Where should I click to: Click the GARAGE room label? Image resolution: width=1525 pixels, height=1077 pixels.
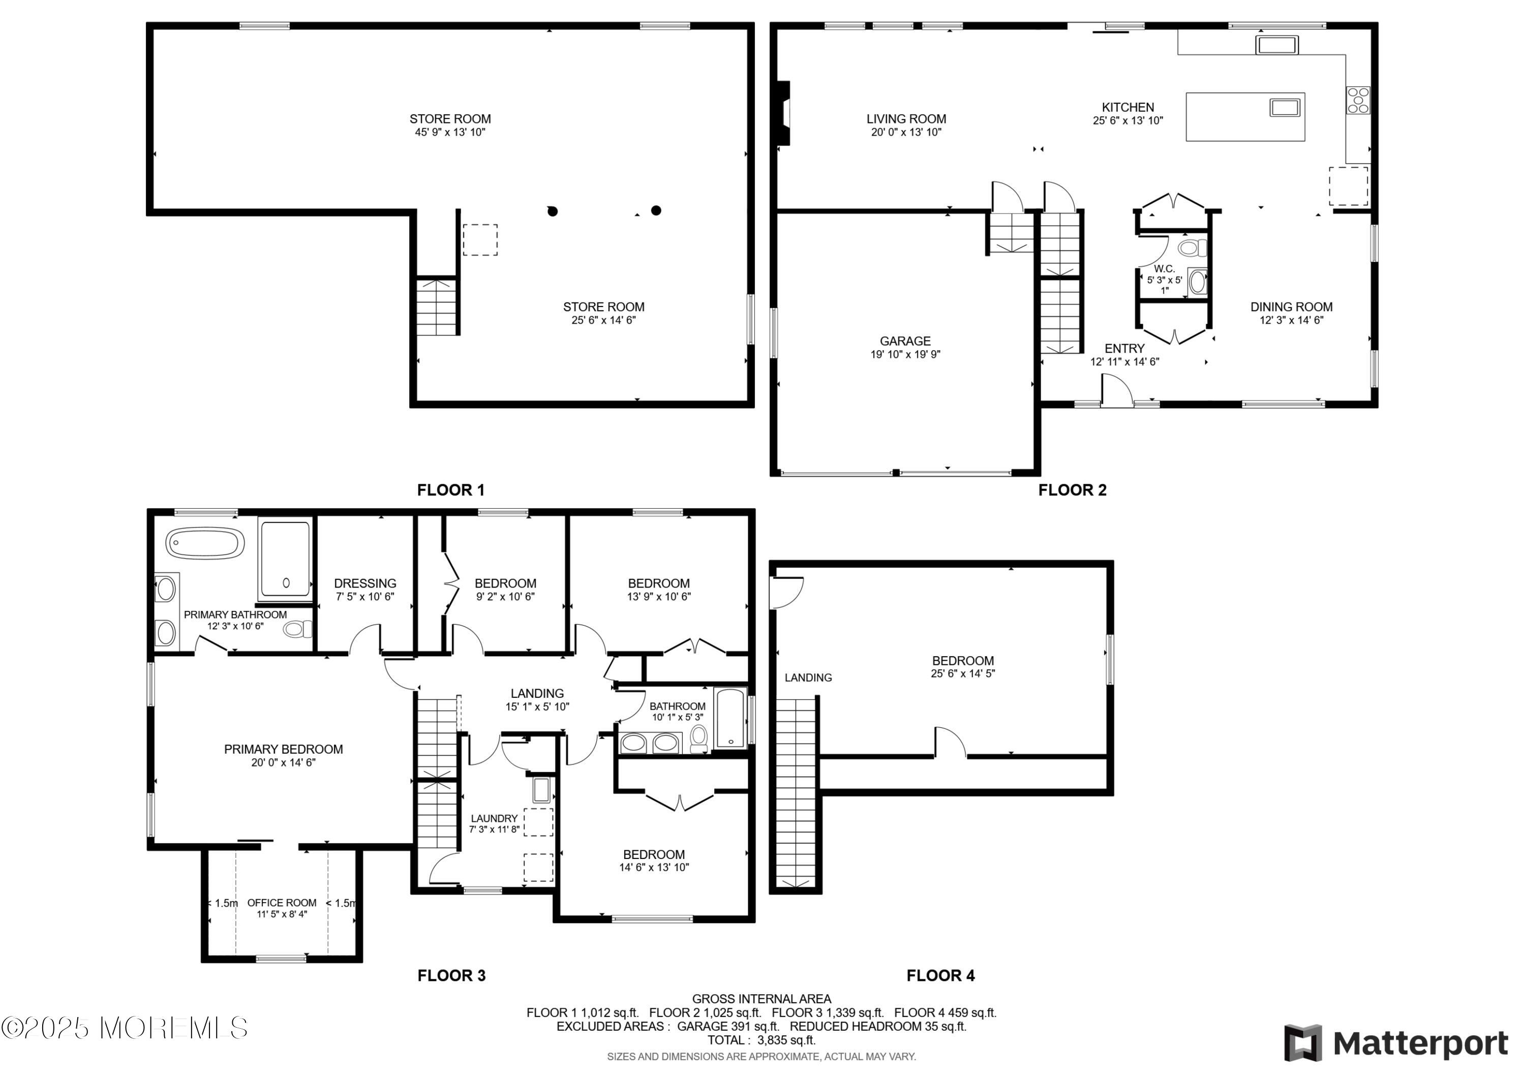[905, 341]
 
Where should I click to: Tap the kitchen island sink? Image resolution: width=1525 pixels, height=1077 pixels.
[1285, 107]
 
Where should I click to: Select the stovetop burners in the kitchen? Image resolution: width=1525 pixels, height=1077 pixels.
[1358, 100]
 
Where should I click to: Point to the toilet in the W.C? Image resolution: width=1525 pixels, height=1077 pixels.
[1192, 249]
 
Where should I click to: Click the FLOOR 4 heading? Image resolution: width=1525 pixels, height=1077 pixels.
[940, 975]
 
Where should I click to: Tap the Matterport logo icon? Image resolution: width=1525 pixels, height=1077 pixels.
[1303, 1043]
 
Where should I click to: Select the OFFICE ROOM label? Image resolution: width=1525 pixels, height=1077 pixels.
[282, 902]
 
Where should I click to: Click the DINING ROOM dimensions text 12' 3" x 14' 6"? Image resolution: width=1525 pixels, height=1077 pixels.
[1291, 320]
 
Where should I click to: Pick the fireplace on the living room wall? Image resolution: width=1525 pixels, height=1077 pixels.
[784, 113]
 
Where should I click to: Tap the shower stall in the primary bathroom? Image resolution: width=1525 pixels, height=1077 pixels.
[285, 559]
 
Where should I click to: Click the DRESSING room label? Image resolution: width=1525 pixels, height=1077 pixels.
[365, 583]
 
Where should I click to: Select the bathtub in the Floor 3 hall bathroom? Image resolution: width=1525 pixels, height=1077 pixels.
[729, 719]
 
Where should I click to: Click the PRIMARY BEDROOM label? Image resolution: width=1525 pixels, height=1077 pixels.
[284, 749]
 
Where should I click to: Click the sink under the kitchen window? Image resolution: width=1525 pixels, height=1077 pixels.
[1276, 45]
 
